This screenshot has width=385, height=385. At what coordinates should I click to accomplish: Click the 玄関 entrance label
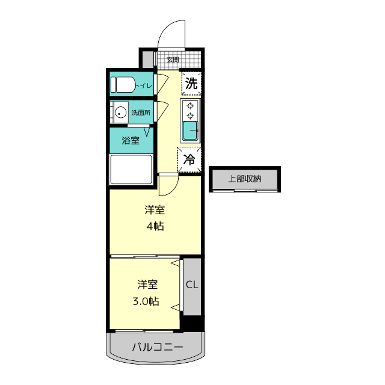(173, 60)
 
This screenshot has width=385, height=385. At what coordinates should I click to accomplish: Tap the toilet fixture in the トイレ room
(123, 84)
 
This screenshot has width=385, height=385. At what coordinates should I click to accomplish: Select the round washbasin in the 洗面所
(120, 112)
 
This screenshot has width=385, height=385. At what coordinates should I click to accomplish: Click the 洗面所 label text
(141, 112)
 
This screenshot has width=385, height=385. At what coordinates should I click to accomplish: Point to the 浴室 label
(131, 140)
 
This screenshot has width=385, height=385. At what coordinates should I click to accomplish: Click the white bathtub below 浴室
(131, 170)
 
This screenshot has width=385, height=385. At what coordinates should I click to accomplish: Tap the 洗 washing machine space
(191, 83)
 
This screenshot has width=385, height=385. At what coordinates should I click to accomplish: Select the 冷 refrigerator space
(189, 159)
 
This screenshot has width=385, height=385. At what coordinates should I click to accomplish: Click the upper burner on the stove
(190, 106)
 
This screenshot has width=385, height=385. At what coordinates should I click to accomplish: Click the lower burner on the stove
(190, 115)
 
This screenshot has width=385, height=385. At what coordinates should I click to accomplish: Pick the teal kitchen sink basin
(191, 131)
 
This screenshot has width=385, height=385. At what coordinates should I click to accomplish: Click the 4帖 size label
(155, 226)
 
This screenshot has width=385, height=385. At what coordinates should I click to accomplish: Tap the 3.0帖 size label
(146, 301)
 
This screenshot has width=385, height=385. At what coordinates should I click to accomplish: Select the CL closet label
(192, 285)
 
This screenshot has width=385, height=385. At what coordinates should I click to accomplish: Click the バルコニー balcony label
(158, 347)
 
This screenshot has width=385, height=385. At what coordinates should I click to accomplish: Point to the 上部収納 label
(245, 179)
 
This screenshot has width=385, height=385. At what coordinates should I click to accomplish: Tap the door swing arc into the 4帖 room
(172, 189)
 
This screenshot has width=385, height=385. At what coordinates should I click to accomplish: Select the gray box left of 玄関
(148, 59)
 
